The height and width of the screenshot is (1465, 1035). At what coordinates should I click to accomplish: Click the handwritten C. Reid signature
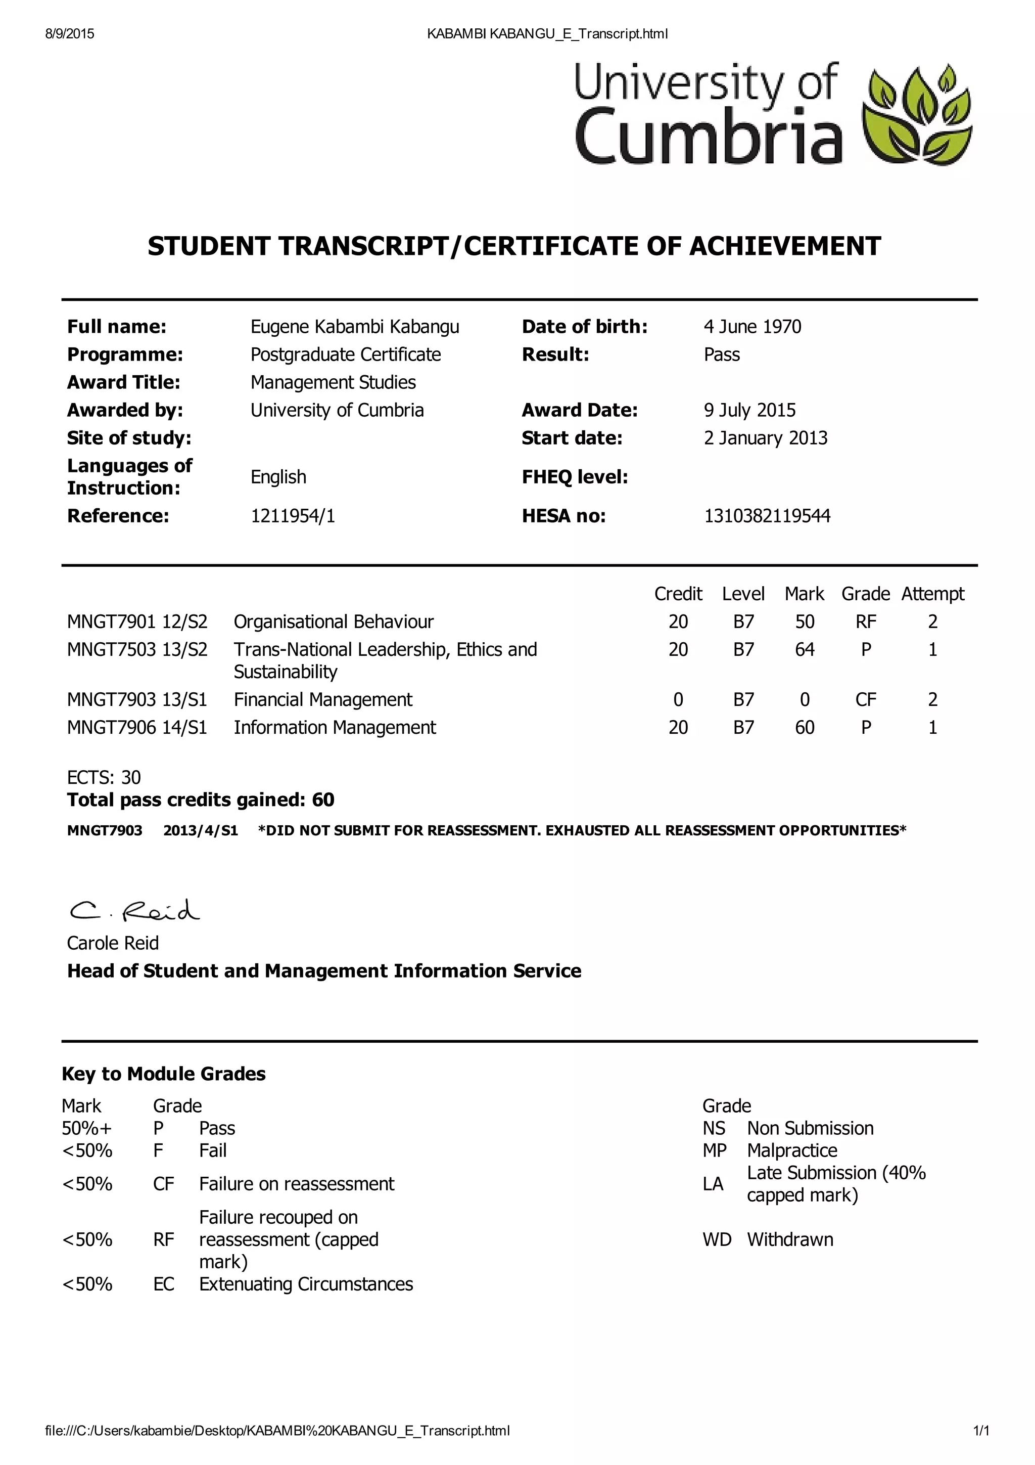[134, 911]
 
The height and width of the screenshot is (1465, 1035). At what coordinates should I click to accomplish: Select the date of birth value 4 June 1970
[752, 327]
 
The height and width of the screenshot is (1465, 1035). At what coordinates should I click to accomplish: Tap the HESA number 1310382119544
[767, 516]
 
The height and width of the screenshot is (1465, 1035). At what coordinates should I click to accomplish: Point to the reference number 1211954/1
[292, 516]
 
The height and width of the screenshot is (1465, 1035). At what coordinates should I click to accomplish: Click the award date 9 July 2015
[749, 410]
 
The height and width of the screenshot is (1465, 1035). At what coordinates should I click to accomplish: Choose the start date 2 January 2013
[765, 438]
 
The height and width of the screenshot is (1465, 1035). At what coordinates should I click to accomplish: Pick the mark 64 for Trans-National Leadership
[804, 649]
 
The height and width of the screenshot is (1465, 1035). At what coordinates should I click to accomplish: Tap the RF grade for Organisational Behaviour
[865, 621]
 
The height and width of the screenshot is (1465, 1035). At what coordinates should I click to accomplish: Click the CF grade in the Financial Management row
[865, 700]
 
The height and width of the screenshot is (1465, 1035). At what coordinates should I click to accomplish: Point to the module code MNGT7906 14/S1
[137, 727]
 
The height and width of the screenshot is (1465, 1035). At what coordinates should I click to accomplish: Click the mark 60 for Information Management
[804, 727]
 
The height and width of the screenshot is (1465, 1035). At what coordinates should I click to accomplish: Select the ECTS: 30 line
[104, 777]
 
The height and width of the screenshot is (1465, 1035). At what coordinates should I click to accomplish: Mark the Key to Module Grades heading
[163, 1074]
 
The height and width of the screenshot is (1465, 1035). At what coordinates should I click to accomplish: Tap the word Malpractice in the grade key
[791, 1150]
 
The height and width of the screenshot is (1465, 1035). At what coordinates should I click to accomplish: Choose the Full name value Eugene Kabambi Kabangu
[355, 327]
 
